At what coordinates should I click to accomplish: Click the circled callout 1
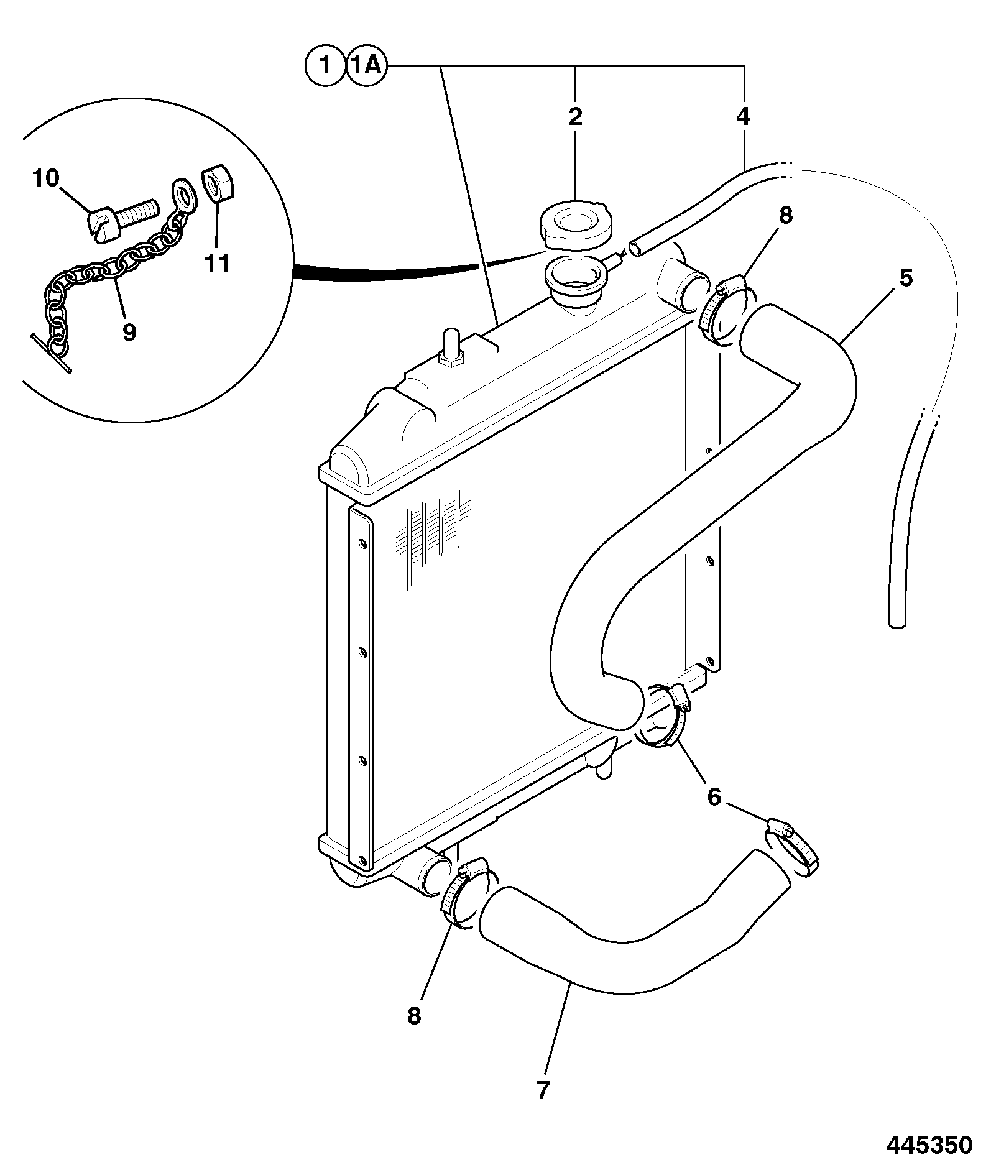pyautogui.click(x=324, y=65)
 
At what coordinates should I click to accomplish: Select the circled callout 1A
pyautogui.click(x=367, y=65)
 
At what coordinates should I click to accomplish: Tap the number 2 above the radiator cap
pyautogui.click(x=575, y=117)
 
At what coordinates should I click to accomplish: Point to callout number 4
pyautogui.click(x=744, y=117)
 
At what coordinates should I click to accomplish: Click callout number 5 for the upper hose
pyautogui.click(x=906, y=278)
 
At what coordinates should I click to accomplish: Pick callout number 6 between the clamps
pyautogui.click(x=714, y=796)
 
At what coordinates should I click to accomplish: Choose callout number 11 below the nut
pyautogui.click(x=218, y=264)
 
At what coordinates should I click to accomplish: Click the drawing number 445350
pyautogui.click(x=929, y=1145)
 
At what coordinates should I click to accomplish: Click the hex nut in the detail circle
pyautogui.click(x=218, y=185)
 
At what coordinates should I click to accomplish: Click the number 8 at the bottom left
pyautogui.click(x=414, y=1016)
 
